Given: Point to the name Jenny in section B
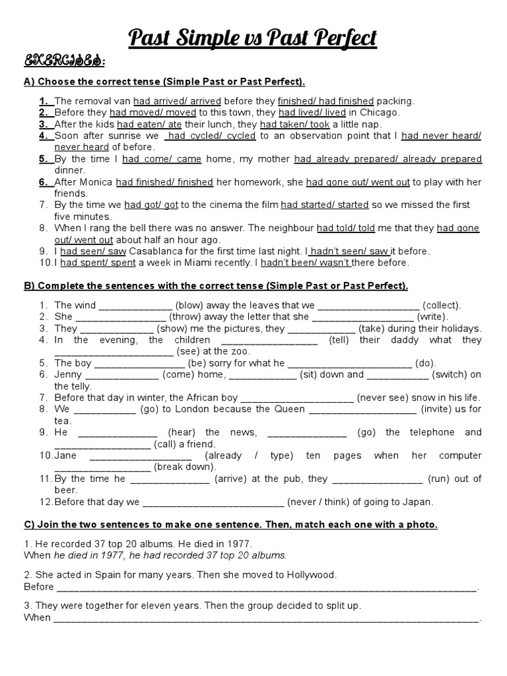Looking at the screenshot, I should point(68,374).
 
